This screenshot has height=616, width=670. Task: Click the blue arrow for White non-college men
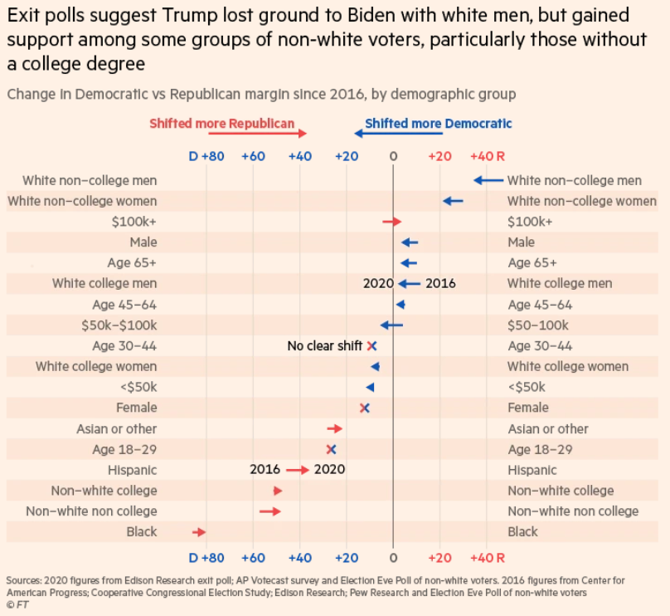pyautogui.click(x=488, y=180)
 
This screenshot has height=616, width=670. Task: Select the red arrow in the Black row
pyautogui.click(x=198, y=532)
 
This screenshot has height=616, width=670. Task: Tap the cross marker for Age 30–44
pyautogui.click(x=372, y=346)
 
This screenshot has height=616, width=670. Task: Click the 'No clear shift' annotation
pyautogui.click(x=325, y=346)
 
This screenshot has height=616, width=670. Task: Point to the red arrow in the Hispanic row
pyautogui.click(x=297, y=470)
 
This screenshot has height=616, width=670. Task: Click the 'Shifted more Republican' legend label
pyautogui.click(x=221, y=124)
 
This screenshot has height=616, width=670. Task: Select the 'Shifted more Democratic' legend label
pyautogui.click(x=439, y=124)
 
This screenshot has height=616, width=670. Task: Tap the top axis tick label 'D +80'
pyautogui.click(x=206, y=156)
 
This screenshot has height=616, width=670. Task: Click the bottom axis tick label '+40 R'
pyautogui.click(x=488, y=557)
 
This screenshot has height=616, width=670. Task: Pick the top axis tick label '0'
pyautogui.click(x=393, y=156)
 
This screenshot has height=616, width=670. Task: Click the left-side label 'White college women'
pyautogui.click(x=95, y=366)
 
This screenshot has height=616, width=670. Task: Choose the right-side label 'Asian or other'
pyautogui.click(x=548, y=428)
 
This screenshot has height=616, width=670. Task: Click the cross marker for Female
pyautogui.click(x=364, y=408)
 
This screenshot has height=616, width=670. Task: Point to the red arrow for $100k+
pyautogui.click(x=391, y=222)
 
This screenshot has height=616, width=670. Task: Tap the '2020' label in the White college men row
pyautogui.click(x=378, y=283)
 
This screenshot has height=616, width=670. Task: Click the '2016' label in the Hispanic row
pyautogui.click(x=265, y=470)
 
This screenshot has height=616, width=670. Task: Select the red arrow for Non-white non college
pyautogui.click(x=269, y=511)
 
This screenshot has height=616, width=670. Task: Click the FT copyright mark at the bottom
pyautogui.click(x=17, y=605)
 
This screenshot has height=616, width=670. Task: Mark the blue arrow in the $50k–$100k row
pyautogui.click(x=391, y=325)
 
